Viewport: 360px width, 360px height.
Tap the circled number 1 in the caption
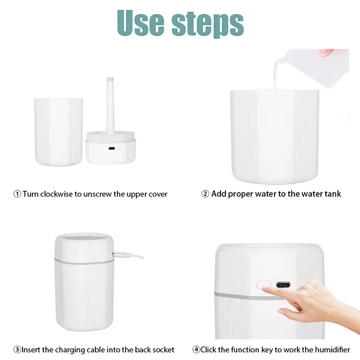point(17,194)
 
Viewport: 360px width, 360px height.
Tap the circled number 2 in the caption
point(205,194)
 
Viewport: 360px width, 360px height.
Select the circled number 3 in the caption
point(17,350)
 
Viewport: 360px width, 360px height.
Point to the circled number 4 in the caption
point(196,350)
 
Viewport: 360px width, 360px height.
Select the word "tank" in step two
point(332,194)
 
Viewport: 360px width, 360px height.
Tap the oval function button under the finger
point(264,285)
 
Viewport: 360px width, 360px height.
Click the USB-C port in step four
point(283,285)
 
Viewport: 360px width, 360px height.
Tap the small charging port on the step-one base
point(111,148)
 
